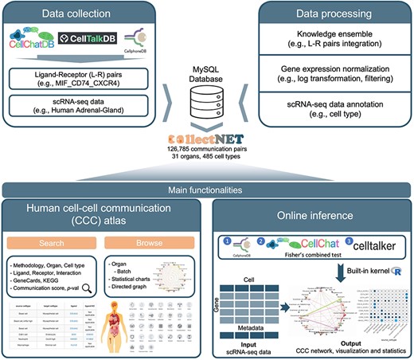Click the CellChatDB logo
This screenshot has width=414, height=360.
point(33,41)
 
